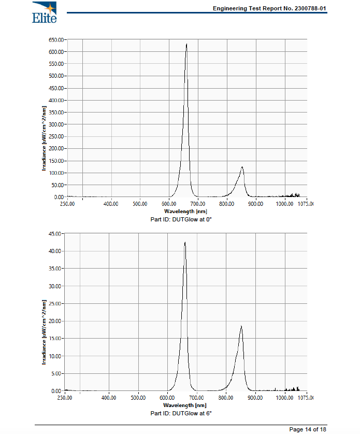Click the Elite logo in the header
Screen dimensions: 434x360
tap(44, 12)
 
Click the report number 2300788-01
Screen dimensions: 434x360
tap(307, 8)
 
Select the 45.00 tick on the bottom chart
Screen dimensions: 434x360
tap(55, 233)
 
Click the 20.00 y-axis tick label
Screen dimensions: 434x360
tap(55, 321)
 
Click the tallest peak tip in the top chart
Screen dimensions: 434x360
tap(186, 45)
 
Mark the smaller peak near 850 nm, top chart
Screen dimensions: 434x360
tap(242, 167)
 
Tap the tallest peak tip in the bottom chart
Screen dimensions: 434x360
tap(185, 242)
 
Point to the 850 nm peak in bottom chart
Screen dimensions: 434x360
tap(241, 326)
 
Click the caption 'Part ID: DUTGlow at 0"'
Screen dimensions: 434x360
tap(181, 220)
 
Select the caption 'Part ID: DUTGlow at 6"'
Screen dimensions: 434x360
tap(181, 413)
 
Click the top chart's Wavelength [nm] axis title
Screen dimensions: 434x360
tap(185, 212)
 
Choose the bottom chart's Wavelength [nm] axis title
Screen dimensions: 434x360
tap(184, 405)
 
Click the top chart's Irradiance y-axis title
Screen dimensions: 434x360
tap(45, 139)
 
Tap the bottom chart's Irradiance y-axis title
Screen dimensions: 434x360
tap(45, 332)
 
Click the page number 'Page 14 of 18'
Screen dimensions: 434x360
tap(307, 429)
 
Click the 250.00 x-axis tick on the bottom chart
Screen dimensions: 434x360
tap(65, 398)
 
